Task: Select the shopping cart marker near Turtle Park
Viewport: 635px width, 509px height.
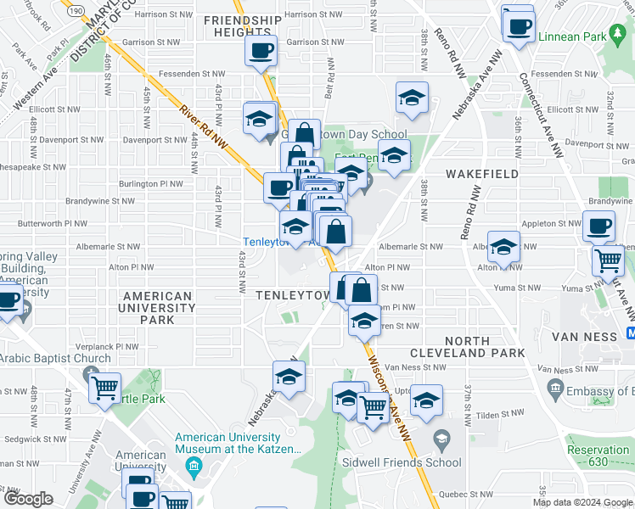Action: coord(105,389)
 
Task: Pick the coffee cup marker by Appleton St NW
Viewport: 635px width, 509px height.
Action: coord(598,227)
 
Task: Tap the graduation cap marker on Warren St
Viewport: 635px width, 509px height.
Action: coord(364,322)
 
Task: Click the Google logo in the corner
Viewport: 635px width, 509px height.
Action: coord(28,499)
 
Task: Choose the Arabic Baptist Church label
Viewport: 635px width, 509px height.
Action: coord(55,358)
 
